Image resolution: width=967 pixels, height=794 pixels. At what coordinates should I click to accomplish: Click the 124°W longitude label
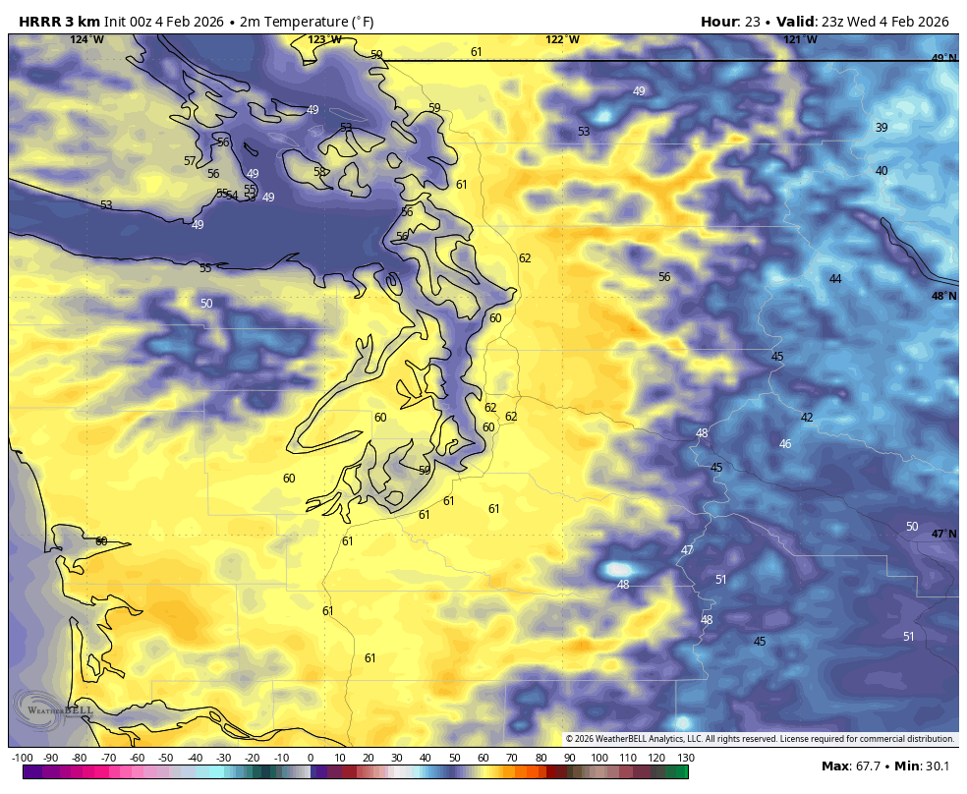click(x=86, y=39)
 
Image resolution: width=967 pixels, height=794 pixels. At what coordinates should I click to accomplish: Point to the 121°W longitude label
click(x=800, y=39)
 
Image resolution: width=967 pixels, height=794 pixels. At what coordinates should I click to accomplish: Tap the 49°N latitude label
click(x=943, y=58)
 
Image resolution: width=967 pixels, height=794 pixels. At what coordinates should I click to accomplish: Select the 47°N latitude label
click(x=943, y=534)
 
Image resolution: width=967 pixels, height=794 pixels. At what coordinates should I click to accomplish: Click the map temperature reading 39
click(x=882, y=128)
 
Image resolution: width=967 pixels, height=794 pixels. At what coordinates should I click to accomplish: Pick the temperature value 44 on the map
click(x=835, y=279)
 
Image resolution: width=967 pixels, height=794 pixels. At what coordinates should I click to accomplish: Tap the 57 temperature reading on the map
click(x=190, y=161)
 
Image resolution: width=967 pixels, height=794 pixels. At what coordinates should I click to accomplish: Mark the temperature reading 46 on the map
click(x=785, y=444)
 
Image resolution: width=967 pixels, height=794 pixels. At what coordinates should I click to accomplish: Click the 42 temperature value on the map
click(x=807, y=418)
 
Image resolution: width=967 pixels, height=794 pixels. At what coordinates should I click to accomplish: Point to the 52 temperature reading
click(x=346, y=128)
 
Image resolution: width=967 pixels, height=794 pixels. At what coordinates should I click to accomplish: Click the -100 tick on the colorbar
click(x=23, y=758)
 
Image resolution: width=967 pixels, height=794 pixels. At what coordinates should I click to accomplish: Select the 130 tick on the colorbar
click(x=686, y=758)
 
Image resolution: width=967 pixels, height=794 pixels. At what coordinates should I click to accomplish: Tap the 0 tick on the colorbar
click(x=310, y=758)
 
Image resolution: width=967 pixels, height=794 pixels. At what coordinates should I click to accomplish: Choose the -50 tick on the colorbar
click(x=166, y=758)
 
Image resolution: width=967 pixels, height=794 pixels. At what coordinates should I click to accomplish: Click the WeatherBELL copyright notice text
click(x=760, y=739)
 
